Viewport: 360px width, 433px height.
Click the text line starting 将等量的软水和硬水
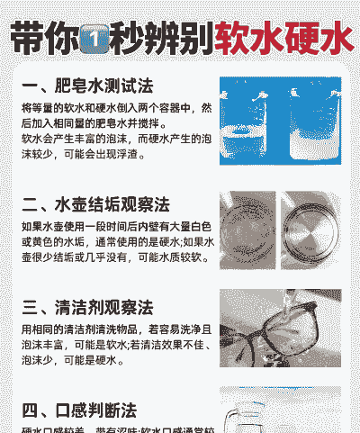coord(116,108)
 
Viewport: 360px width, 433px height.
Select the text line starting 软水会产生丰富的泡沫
coord(116,140)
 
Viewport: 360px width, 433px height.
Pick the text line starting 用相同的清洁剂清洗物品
coord(116,329)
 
